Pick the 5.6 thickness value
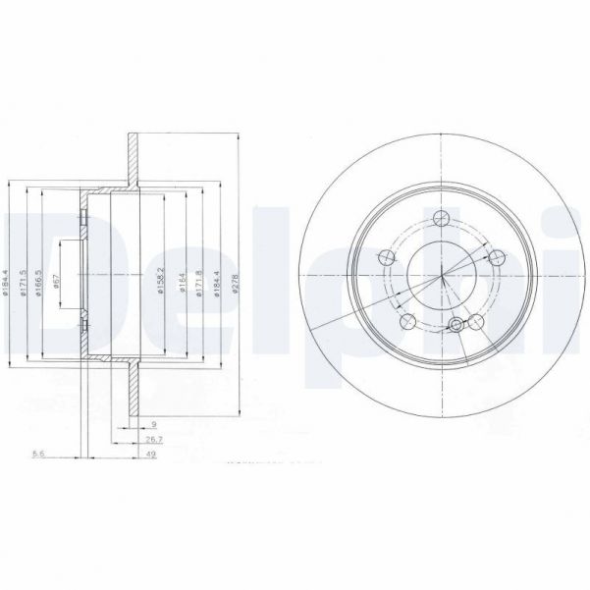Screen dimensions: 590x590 tap(39, 455)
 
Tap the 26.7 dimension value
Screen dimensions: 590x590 tap(154, 440)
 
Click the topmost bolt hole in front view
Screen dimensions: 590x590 tap(441, 217)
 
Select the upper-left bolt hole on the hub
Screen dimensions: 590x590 tap(386, 257)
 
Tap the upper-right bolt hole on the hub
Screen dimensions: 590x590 tap(497, 257)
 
